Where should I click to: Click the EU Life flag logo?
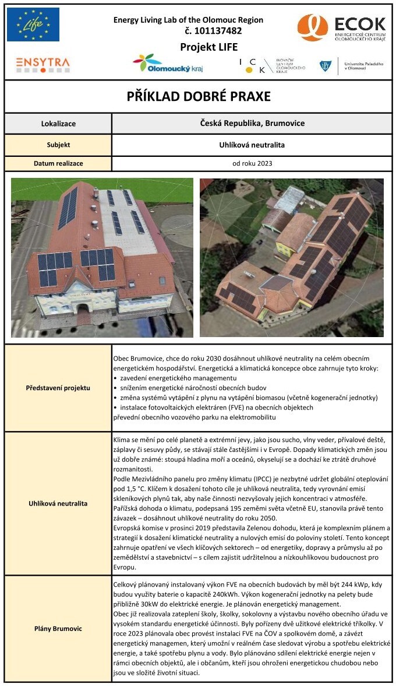tap(33, 24)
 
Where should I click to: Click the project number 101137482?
tap(213, 31)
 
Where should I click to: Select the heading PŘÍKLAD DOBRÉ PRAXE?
tap(199, 96)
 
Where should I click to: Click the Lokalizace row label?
tap(58, 124)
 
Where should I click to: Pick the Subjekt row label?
tap(58, 145)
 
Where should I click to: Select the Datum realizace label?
tap(58, 163)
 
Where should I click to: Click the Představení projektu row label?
tap(58, 387)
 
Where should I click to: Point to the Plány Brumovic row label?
tap(58, 629)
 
